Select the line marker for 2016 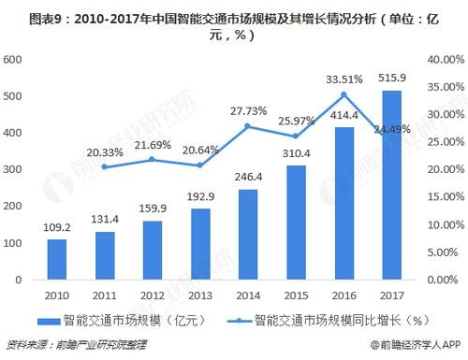coord(344,94)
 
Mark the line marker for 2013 coord(200,166)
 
